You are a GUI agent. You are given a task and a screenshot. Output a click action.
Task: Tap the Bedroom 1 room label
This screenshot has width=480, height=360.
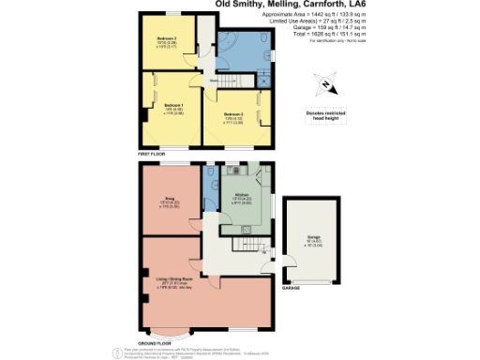tap(174, 107)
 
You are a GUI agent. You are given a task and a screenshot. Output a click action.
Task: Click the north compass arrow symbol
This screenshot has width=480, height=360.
tap(324, 85)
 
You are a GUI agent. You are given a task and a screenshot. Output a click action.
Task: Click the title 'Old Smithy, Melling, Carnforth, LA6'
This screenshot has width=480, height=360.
tap(278, 5)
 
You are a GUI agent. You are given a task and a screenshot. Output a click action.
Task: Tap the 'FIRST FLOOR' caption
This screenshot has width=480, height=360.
tap(151, 152)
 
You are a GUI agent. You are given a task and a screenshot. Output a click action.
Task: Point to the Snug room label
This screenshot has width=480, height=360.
tap(171, 200)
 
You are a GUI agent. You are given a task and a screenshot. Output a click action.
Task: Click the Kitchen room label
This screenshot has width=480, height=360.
tap(244, 198)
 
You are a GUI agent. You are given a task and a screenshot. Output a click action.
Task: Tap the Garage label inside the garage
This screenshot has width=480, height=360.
tap(312, 239)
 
